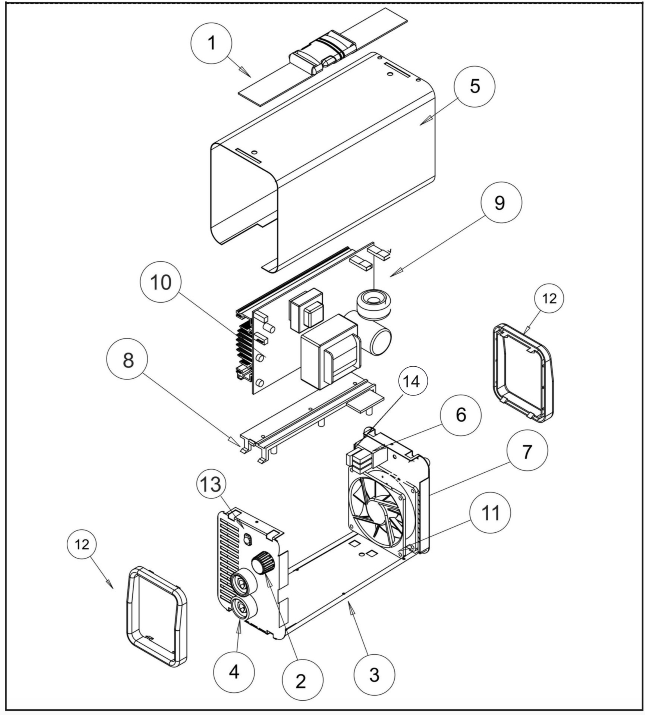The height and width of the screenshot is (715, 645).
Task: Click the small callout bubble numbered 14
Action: coord(413,382)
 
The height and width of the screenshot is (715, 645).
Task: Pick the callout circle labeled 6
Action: coord(461,415)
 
